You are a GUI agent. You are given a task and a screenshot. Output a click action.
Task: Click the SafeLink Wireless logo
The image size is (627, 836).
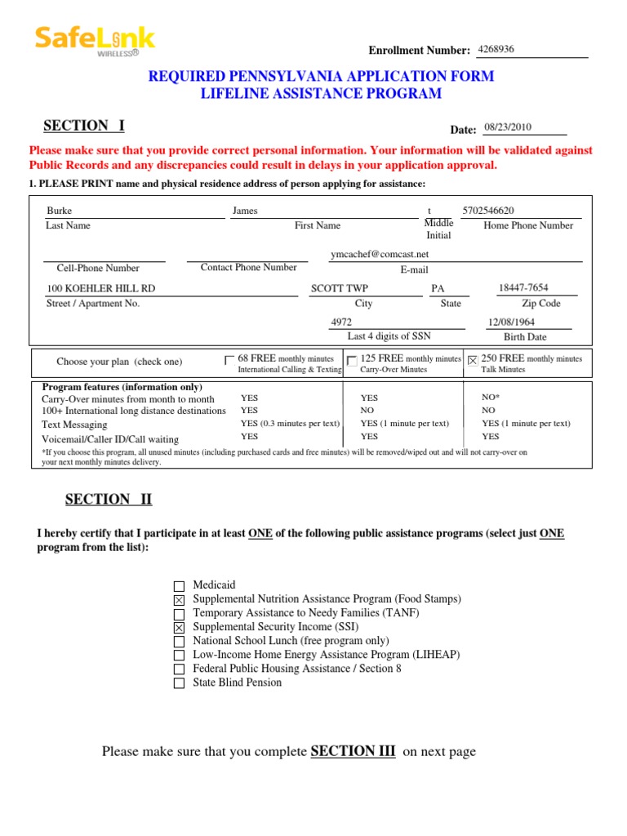coord(94,41)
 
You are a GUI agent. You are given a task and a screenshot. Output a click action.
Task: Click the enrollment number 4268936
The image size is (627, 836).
coord(496,49)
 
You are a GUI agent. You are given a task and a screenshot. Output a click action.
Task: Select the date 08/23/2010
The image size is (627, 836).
coord(508,127)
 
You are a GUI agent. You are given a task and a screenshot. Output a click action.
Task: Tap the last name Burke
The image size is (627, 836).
coord(60,211)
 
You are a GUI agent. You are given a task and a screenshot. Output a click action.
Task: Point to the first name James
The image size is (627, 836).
coord(245,211)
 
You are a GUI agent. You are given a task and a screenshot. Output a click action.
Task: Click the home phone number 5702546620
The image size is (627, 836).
coord(488,211)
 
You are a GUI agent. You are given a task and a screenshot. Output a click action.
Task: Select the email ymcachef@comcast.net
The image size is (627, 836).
coord(380,254)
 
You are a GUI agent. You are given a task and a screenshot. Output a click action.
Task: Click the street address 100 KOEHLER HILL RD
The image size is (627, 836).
coord(101,288)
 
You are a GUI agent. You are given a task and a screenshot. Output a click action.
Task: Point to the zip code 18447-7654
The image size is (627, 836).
coord(523,287)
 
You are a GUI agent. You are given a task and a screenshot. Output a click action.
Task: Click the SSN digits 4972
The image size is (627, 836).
coord(341,322)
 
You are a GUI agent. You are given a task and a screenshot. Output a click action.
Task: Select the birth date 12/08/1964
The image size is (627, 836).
coord(511,322)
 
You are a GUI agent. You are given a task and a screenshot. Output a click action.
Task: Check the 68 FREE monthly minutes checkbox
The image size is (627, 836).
coord(229,360)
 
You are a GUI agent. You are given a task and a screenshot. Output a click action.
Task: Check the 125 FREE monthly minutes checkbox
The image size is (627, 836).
coord(351,361)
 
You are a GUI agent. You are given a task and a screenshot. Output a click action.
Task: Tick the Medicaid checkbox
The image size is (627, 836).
coord(180,586)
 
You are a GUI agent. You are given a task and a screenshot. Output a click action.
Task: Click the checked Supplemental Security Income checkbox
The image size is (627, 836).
coord(180,628)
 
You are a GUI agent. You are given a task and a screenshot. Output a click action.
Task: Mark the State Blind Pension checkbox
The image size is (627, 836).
coord(180,683)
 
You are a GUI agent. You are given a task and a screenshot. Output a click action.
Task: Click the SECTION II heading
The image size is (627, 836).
coord(109,500)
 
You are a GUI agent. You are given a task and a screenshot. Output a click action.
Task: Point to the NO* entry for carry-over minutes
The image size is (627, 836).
coord(490,398)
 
